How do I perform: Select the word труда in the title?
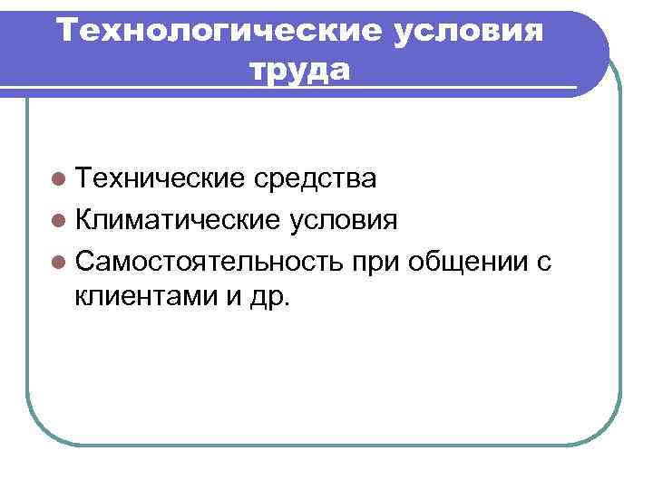[298, 70]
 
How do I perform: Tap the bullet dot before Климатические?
[60, 221]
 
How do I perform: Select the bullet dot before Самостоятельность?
[60, 262]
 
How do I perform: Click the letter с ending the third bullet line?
[543, 263]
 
